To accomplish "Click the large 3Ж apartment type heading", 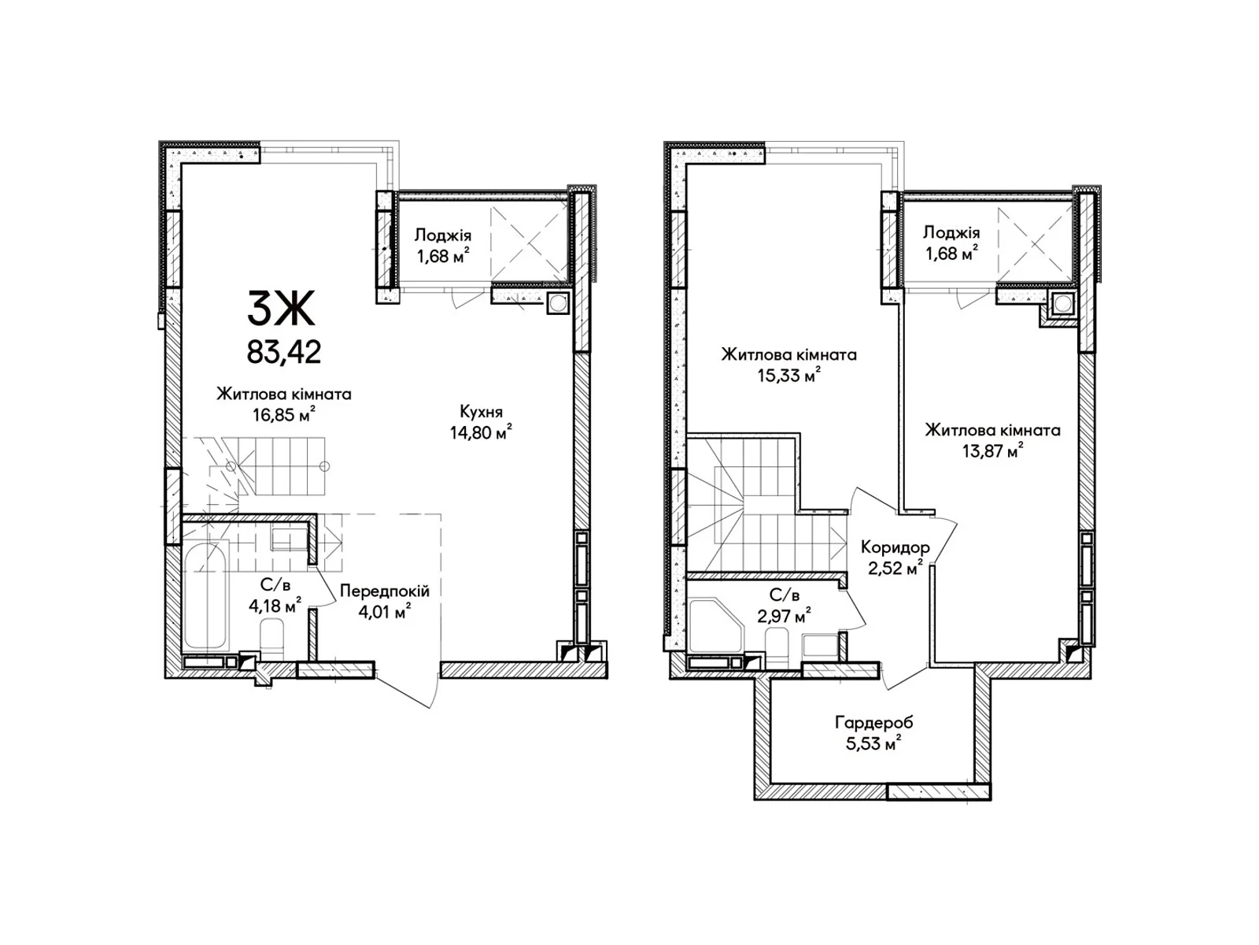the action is (x=281, y=309).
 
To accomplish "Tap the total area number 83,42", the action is (x=284, y=352).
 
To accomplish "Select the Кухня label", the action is (x=482, y=412).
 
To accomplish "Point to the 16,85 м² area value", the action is (x=285, y=413).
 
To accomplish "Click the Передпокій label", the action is (x=384, y=591).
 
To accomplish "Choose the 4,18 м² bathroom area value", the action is (x=275, y=606).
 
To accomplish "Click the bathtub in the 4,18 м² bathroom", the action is (x=204, y=596).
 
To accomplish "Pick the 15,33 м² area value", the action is (x=788, y=376).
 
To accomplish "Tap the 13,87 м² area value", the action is (x=993, y=451).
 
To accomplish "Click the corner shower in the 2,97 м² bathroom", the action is (x=716, y=627).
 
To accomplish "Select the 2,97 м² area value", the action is (x=784, y=617).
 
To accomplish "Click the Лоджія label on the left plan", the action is (x=443, y=235).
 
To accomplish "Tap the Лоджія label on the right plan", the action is (x=951, y=232).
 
